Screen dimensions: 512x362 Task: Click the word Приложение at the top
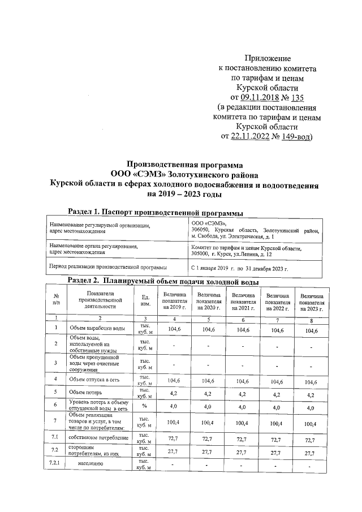point(268,58)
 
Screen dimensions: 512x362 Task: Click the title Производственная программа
point(183,165)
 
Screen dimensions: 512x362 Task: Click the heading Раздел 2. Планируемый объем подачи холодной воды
point(163,281)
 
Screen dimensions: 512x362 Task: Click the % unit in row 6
point(145,406)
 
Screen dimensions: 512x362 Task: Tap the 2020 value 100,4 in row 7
point(209,423)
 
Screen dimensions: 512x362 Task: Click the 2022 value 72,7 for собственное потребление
point(277,439)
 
